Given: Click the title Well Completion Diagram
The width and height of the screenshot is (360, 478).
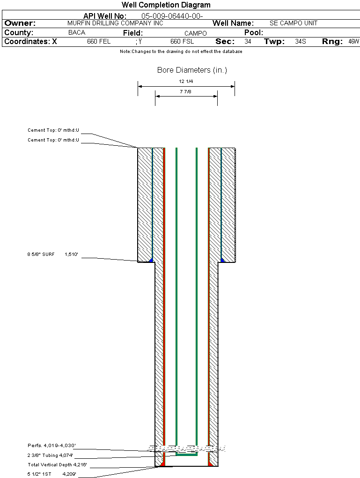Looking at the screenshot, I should click(x=166, y=5).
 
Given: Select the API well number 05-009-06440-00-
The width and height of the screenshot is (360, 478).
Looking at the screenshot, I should click(x=172, y=16).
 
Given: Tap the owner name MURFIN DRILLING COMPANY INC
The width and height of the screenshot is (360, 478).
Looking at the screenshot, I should click(x=115, y=23).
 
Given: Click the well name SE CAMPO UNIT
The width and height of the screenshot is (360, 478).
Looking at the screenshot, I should click(x=293, y=23).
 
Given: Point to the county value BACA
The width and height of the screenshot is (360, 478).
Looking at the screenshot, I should click(x=77, y=33).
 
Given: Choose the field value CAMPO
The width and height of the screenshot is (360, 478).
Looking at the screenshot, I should click(x=195, y=33).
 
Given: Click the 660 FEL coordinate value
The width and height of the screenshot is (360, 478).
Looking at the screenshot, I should click(x=99, y=42).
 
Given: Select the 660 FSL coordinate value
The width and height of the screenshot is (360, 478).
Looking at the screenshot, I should click(x=182, y=42).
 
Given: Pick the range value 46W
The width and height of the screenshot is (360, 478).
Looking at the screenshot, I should click(x=353, y=42).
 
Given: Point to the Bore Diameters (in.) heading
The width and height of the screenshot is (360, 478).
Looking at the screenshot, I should click(x=192, y=70).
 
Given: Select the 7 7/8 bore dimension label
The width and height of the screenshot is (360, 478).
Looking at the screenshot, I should click(x=186, y=92).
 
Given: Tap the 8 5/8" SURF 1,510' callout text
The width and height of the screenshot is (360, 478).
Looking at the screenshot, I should click(x=55, y=254).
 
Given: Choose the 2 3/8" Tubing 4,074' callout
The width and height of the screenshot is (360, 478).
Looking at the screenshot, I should click(x=50, y=455).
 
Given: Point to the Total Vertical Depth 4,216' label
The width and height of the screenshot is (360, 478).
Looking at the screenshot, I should click(x=57, y=465).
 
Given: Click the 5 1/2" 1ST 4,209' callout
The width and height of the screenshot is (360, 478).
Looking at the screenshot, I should click(x=51, y=474).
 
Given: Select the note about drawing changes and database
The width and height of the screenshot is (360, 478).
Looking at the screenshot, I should click(x=181, y=52).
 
